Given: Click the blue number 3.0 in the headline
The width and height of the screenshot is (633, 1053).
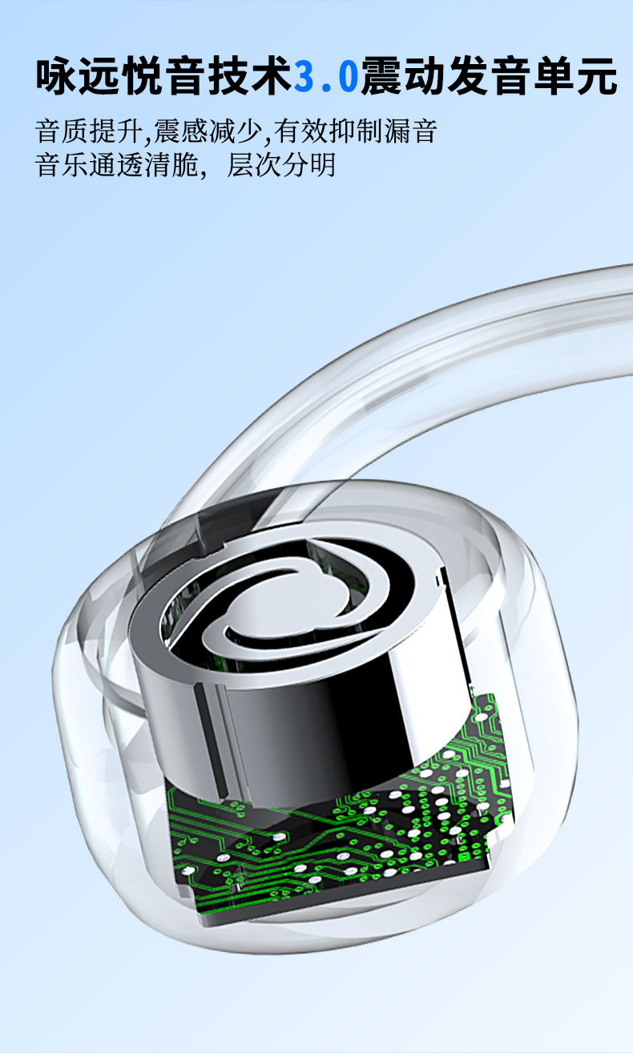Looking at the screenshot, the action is pyautogui.click(x=326, y=75).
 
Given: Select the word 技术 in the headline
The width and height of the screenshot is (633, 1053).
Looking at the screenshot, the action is pyautogui.click(x=250, y=75).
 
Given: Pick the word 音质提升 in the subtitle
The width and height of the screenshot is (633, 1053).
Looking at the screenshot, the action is pyautogui.click(x=88, y=131).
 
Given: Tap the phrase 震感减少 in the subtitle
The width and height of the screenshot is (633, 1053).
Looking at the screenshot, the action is pyautogui.click(x=208, y=131).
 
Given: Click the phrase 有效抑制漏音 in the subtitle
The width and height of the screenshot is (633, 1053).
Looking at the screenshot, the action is pyautogui.click(x=356, y=131).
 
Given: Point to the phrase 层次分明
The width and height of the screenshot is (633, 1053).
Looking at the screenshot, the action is pyautogui.click(x=281, y=164).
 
